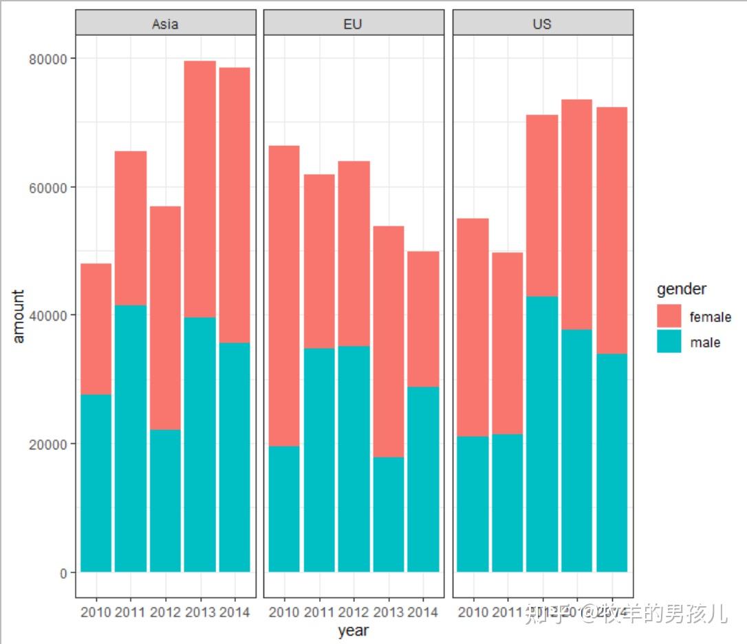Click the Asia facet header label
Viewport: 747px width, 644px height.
point(165,23)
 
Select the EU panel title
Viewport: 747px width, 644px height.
point(352,23)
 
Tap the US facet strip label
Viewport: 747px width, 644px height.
point(542,23)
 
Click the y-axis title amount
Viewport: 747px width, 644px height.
point(19,315)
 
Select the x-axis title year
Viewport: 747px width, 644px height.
point(353,630)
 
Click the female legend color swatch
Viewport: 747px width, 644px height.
point(669,316)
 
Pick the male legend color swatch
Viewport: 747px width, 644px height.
point(669,342)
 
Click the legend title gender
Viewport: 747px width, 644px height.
point(681,290)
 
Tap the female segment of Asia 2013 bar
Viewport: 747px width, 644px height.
point(199,189)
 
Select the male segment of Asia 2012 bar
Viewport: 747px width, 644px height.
point(165,500)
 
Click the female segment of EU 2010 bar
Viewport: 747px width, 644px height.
point(283,296)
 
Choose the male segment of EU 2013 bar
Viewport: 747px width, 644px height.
point(388,514)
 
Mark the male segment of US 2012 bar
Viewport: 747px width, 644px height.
point(542,433)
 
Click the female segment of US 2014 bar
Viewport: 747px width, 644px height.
point(611,230)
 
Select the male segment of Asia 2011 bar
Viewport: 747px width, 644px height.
point(131,438)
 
